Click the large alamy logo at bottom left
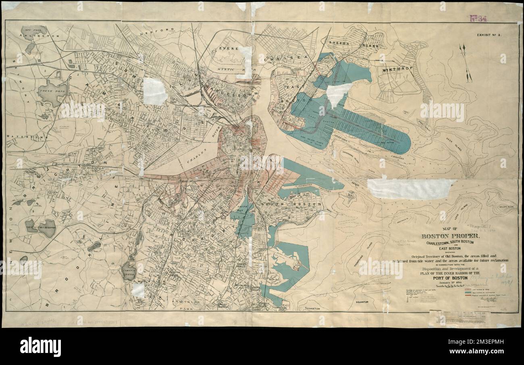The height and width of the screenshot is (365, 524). (x=40, y=346)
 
